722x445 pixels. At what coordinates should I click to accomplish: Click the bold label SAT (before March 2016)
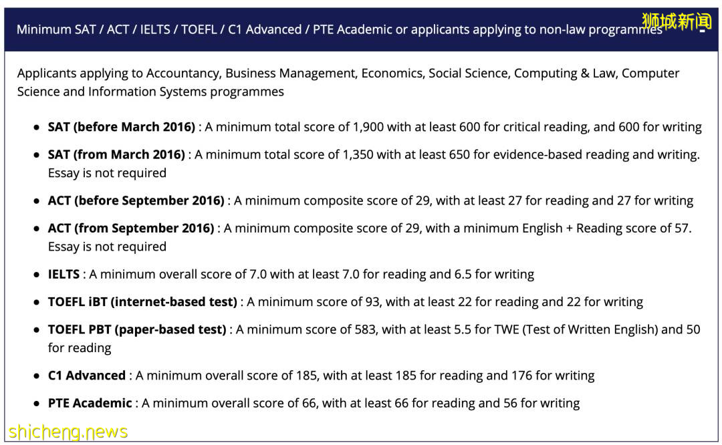point(121,127)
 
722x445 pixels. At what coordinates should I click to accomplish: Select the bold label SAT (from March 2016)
point(116,154)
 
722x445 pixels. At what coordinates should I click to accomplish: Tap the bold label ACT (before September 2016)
point(136,200)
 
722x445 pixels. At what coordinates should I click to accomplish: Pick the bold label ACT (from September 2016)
point(130,228)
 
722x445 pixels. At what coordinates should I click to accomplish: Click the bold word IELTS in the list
point(64,274)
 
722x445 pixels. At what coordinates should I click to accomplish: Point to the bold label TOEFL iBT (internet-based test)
point(142,302)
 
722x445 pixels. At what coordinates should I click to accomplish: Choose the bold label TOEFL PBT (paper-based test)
point(136,329)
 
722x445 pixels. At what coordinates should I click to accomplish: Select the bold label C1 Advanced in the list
point(86,376)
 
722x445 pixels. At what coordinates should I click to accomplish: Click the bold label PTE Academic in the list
point(90,403)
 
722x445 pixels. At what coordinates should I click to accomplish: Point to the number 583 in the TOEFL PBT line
point(363,329)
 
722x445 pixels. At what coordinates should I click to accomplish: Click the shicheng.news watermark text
point(68,432)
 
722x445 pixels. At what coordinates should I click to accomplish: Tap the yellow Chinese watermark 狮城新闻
point(677,21)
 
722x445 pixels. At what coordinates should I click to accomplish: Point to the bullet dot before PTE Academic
point(36,404)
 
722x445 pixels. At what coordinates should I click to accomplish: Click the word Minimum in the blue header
point(43,29)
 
